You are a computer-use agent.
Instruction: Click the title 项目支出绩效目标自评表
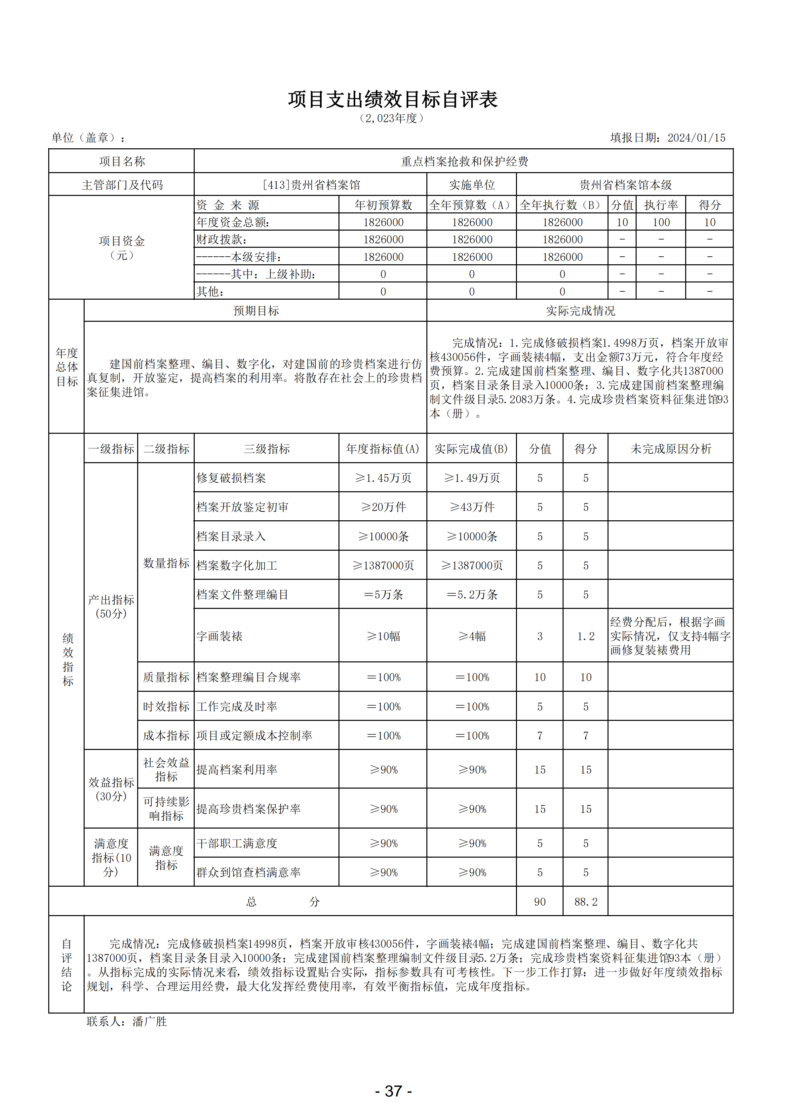tap(393, 99)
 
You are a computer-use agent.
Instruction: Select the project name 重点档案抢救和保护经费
tap(464, 161)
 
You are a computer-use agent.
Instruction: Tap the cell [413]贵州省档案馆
tap(311, 185)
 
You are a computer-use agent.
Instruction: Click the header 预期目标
tap(256, 311)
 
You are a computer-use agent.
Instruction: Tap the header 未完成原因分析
tap(670, 449)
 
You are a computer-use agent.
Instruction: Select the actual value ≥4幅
tap(472, 636)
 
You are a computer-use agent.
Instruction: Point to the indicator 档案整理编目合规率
tap(248, 677)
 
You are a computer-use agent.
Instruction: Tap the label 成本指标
tap(166, 736)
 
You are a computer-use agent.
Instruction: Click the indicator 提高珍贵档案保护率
tap(248, 809)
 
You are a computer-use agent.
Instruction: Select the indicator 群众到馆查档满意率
tap(248, 872)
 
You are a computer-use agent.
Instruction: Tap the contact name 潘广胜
tap(149, 1021)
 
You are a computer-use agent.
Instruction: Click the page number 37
tap(393, 1091)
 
